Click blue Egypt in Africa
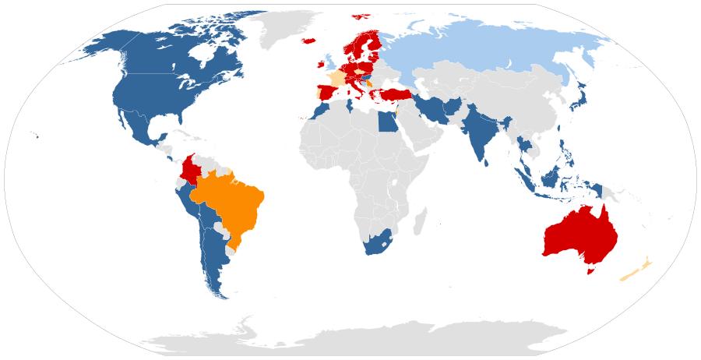[386, 123]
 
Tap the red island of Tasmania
[590, 271]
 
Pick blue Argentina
[212, 257]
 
